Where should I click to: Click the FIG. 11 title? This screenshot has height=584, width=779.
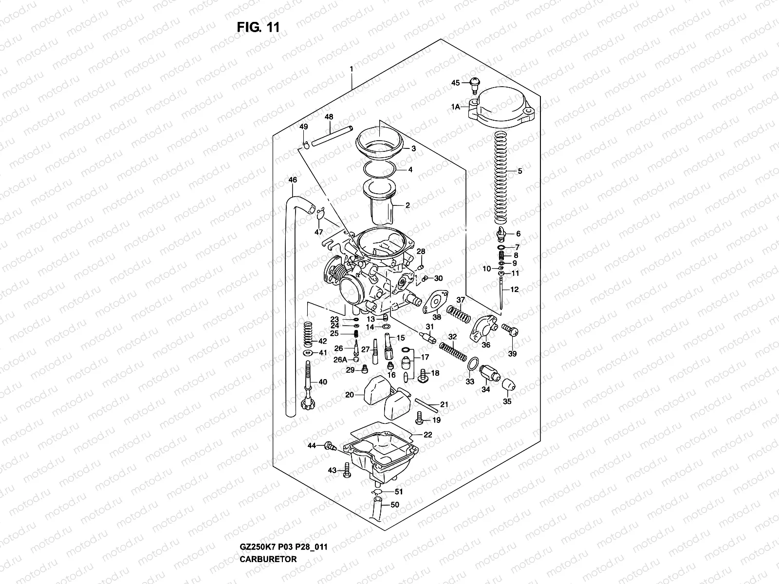click(258, 27)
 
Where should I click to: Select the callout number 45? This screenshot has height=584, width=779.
click(455, 83)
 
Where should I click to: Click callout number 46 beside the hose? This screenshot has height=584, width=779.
click(293, 180)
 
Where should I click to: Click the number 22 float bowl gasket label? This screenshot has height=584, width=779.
click(427, 435)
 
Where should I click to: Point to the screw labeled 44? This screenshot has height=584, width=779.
click(332, 445)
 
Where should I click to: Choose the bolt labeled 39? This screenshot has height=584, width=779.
click(511, 332)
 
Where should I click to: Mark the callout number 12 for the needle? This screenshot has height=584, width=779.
click(514, 290)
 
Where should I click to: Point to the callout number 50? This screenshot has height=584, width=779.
click(395, 505)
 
